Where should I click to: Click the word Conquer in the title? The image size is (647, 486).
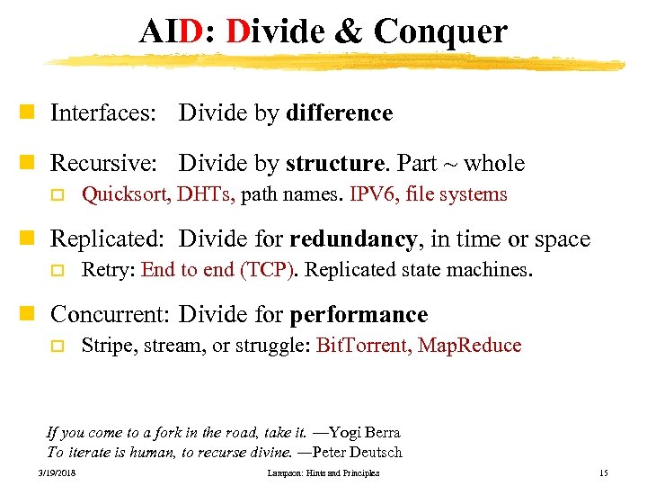point(440,32)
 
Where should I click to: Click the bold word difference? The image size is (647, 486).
point(339,113)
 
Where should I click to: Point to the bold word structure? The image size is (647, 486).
point(333,164)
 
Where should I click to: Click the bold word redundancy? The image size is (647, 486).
point(353,239)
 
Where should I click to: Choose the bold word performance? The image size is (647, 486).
point(359,315)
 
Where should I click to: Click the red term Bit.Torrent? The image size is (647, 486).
point(363,346)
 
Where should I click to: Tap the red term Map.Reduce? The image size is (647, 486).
point(469,346)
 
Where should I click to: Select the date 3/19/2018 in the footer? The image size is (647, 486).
point(58,473)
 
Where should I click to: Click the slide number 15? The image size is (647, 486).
point(603,473)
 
